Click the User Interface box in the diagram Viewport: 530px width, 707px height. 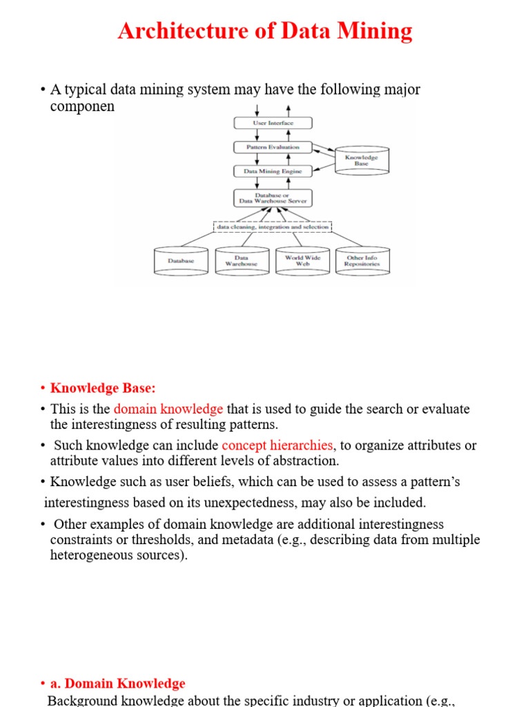(x=273, y=123)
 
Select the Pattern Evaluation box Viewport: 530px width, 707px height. (x=273, y=147)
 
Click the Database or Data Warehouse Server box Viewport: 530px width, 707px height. (x=273, y=197)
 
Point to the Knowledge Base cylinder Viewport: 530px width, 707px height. (x=362, y=161)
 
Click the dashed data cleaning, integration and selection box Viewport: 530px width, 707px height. (x=273, y=226)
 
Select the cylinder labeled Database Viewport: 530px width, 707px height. (x=181, y=261)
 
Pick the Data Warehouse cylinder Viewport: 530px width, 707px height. (x=242, y=261)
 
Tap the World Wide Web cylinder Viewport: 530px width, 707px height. (x=302, y=261)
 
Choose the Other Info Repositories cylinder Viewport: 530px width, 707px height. (x=362, y=261)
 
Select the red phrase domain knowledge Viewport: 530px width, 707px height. (x=168, y=409)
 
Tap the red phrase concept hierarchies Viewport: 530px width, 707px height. (x=277, y=445)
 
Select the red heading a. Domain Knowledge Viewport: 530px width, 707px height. (x=117, y=684)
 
